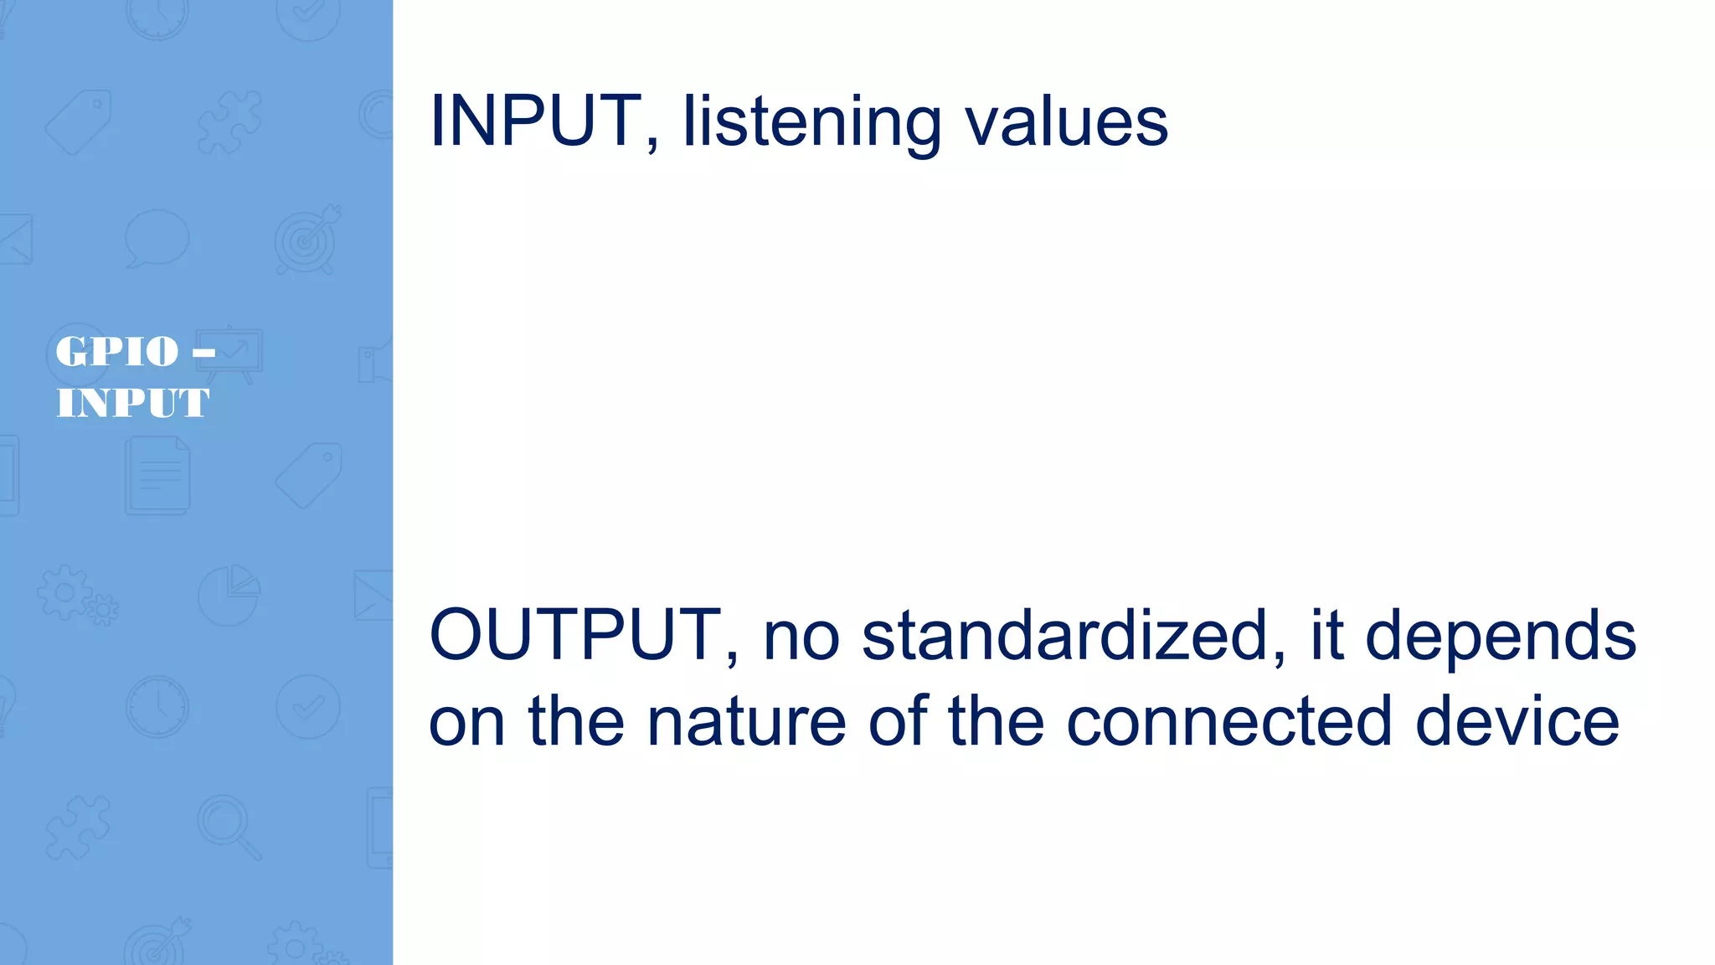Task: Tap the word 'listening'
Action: pos(811,124)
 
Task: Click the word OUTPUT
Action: pos(575,635)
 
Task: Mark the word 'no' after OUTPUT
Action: pos(801,637)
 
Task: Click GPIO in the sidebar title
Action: pos(117,352)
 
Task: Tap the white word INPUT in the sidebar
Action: pos(132,403)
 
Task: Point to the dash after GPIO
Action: pos(203,353)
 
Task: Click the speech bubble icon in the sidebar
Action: pos(157,238)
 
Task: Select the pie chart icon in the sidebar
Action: pos(229,595)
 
